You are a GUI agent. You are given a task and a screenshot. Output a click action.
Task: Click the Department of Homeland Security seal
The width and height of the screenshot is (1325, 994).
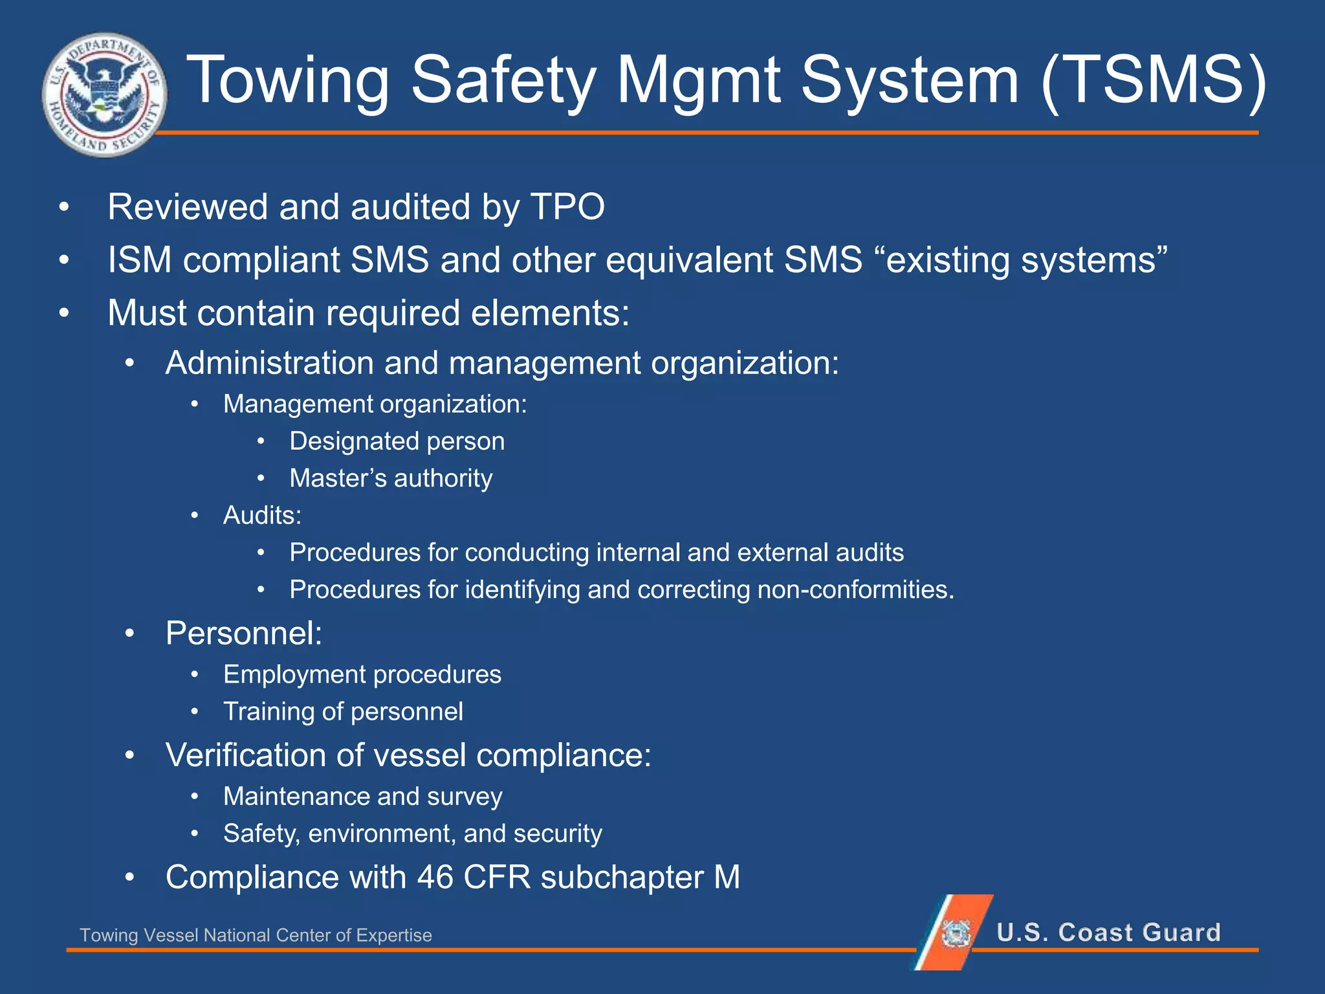pos(104,94)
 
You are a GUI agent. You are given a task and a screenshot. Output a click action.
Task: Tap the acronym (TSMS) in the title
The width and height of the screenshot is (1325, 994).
pos(1153,80)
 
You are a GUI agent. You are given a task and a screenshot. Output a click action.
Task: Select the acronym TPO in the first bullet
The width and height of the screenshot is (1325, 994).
pos(567,207)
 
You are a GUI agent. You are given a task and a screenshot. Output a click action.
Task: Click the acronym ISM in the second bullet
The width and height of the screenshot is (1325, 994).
pos(139,260)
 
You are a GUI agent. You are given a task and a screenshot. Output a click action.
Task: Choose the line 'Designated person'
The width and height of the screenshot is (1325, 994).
pos(397,441)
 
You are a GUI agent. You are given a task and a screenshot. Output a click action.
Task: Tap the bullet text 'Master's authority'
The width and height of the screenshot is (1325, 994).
pos(391,478)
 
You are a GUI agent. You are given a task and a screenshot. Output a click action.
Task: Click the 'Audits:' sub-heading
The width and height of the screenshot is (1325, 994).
pos(262,515)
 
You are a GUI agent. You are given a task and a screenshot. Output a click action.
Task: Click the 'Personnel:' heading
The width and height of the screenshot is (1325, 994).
pos(244,633)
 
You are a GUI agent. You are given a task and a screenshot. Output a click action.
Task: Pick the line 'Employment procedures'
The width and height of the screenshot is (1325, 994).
pos(362,674)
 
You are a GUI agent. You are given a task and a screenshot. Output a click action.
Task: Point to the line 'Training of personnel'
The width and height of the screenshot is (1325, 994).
pos(343,712)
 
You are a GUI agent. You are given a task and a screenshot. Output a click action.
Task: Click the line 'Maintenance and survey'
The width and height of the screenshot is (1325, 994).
pos(362,797)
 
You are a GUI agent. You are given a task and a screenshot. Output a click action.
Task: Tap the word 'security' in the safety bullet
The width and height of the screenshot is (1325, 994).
pos(557,834)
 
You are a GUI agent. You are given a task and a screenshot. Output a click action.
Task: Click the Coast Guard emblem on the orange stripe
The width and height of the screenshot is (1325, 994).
pos(956,933)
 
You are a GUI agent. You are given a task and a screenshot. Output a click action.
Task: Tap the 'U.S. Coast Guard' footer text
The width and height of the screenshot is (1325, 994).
pos(1108,933)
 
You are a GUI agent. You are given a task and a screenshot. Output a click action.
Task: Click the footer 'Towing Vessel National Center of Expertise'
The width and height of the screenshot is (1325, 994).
pos(256,935)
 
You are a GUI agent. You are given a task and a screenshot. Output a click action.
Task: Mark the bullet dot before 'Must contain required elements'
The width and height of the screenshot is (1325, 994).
pos(63,314)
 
